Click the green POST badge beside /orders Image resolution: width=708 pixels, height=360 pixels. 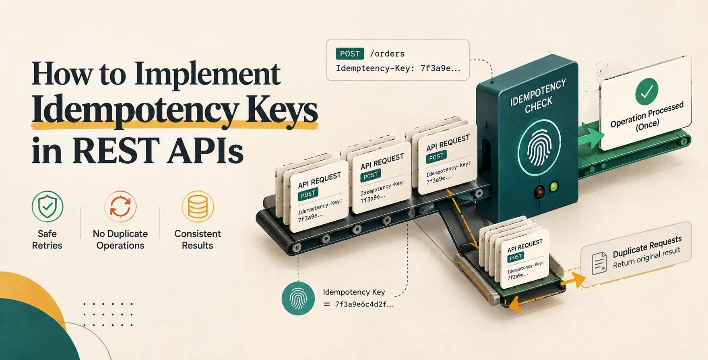click(x=350, y=54)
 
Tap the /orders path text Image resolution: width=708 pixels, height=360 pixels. click(x=387, y=54)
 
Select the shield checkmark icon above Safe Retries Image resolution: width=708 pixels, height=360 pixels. click(x=47, y=206)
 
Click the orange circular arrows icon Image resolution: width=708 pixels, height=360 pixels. click(x=120, y=206)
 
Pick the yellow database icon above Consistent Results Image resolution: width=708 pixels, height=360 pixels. click(x=198, y=206)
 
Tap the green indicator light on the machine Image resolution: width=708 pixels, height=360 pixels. click(x=554, y=186)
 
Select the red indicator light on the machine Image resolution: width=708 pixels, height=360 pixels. click(x=539, y=192)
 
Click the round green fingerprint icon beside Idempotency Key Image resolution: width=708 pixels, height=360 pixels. click(x=298, y=298)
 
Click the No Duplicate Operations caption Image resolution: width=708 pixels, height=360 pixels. click(x=120, y=240)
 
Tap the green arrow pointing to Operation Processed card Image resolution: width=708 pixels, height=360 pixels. click(x=591, y=136)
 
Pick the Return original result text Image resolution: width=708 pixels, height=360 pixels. click(x=647, y=258)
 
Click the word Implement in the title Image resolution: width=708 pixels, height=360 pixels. click(x=207, y=74)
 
